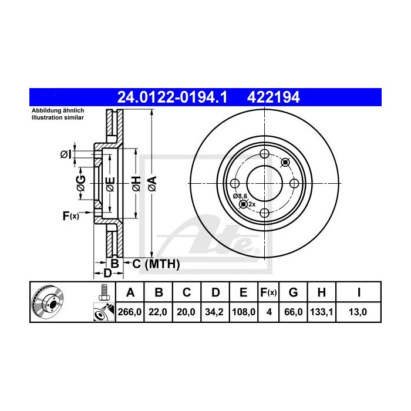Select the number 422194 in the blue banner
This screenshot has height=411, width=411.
(x=276, y=96)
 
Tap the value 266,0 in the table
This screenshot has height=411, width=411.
(x=130, y=312)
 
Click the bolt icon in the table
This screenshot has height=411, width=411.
(x=103, y=292)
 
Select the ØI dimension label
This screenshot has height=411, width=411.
(x=66, y=154)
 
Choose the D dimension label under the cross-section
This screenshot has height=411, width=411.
(x=107, y=274)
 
